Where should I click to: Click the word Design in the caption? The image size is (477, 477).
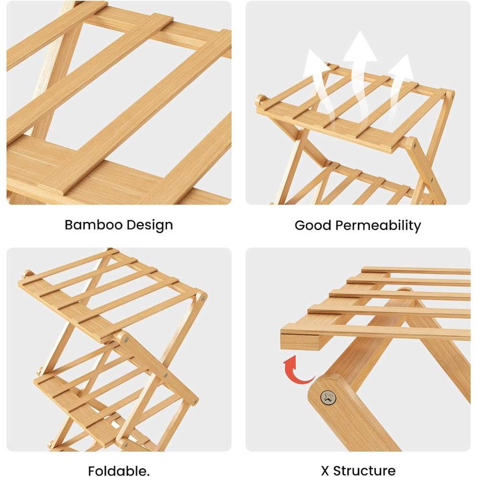tap(150, 226)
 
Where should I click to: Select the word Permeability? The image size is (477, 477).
tap(378, 226)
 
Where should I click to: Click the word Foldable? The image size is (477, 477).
tap(119, 471)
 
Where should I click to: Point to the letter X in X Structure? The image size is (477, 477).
tap(325, 471)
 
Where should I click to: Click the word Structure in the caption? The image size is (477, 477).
tap(364, 471)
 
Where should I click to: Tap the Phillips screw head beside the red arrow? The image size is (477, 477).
tap(328, 398)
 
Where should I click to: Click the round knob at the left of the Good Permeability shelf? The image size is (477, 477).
tap(261, 100)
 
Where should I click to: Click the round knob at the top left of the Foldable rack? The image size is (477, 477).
tap(27, 273)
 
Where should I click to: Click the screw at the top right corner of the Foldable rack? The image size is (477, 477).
tap(202, 298)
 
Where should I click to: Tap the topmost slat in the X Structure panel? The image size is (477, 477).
tap(416, 270)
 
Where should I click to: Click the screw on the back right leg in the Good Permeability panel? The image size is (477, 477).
tap(452, 97)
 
